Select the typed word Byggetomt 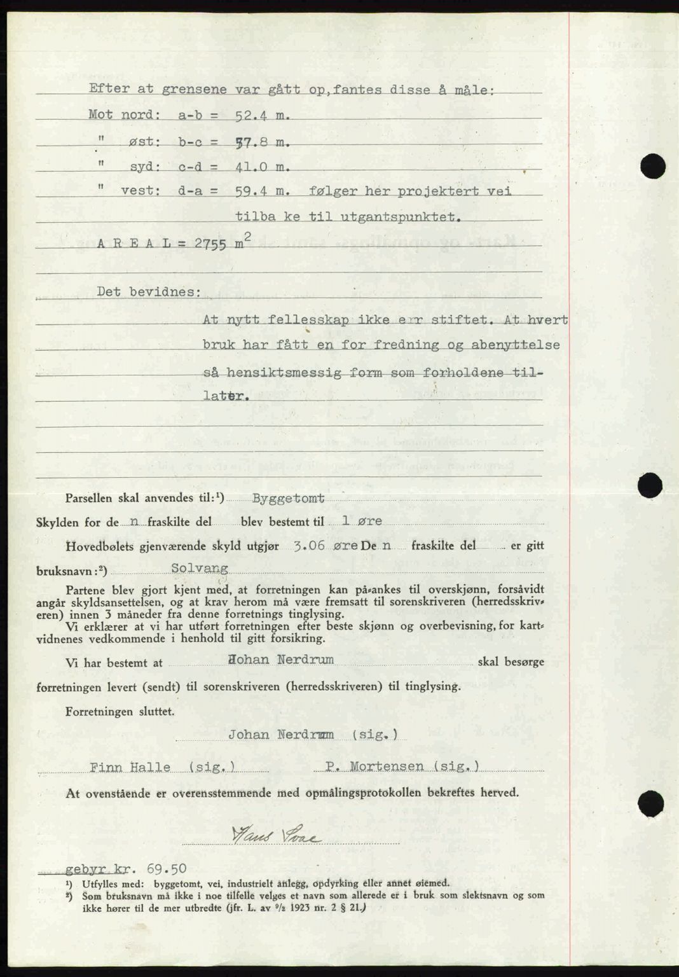click(x=288, y=499)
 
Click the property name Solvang click(x=199, y=569)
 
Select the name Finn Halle click(x=130, y=767)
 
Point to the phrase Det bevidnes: click(x=149, y=293)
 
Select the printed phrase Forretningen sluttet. click(x=120, y=711)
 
